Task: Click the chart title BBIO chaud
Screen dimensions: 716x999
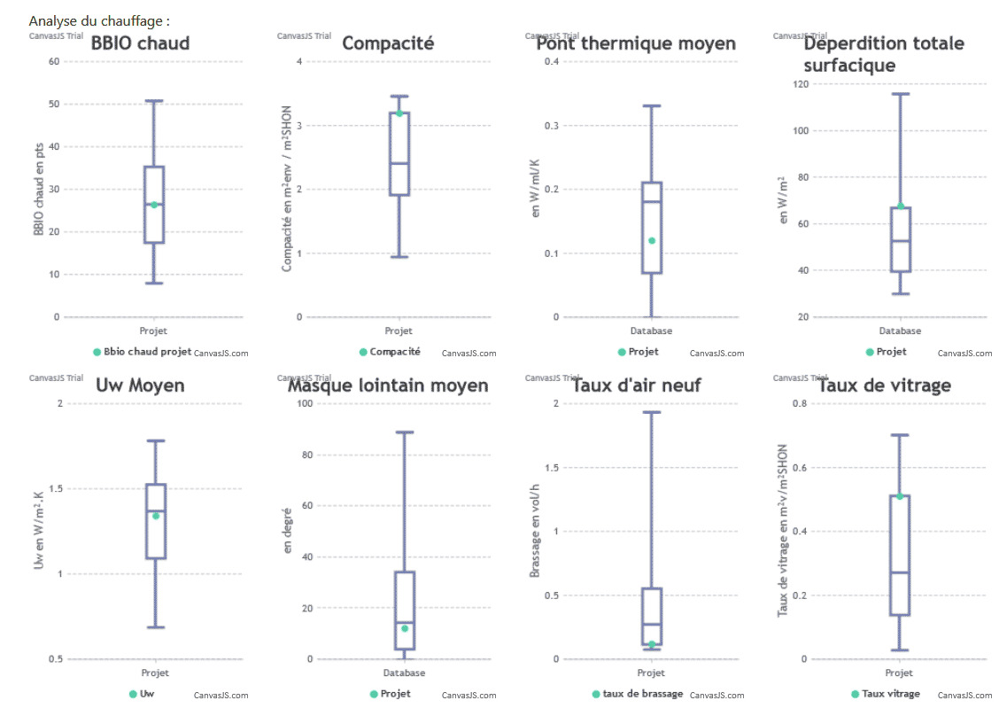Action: (140, 43)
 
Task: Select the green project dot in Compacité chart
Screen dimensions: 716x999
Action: (399, 113)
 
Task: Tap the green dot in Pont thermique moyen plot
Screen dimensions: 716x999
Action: (652, 240)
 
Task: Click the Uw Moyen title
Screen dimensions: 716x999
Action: (140, 385)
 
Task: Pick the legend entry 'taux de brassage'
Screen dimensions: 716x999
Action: (642, 694)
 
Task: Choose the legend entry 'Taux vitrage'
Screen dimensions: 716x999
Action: (890, 694)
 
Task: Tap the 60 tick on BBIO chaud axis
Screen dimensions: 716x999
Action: (54, 61)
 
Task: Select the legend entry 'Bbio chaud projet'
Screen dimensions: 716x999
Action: (147, 352)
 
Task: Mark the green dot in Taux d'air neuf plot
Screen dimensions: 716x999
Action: (652, 644)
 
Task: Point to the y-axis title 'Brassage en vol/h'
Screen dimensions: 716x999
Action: (535, 532)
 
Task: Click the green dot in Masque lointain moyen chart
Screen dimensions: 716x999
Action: (405, 628)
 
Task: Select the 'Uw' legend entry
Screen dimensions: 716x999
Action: (146, 694)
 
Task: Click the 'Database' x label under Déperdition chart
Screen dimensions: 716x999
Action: (900, 331)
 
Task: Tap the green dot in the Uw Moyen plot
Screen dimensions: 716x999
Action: (156, 516)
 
